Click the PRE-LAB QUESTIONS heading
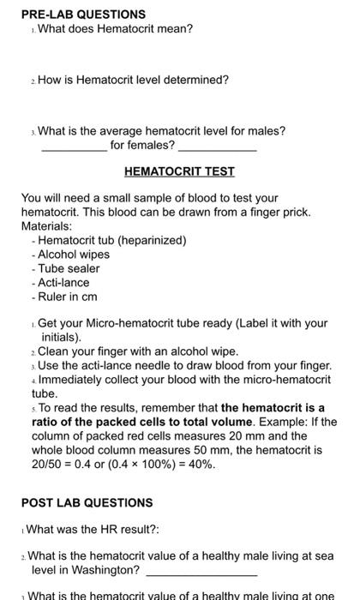[71, 14]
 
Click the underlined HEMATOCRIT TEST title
[179, 171]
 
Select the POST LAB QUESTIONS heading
[87, 502]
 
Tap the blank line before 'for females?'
[75, 150]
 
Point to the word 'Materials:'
[47, 225]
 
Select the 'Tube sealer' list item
[69, 268]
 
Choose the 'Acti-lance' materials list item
[63, 282]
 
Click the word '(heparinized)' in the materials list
[153, 240]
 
